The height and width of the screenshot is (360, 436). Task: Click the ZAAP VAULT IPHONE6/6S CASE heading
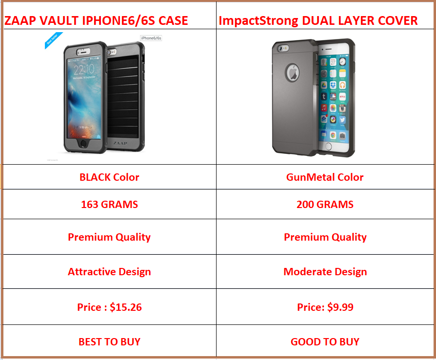pos(96,21)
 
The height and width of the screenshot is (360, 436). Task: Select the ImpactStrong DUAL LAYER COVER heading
pos(318,21)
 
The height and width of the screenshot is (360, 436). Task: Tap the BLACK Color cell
pos(109,177)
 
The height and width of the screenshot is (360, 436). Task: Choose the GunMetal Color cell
pos(325,177)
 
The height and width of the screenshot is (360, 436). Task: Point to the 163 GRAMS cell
pos(109,205)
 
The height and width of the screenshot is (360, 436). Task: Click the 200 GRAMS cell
pos(325,205)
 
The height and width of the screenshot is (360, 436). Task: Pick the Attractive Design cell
pos(109,272)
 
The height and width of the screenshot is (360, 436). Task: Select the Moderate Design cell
pos(325,272)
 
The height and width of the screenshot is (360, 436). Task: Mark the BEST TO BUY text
pos(109,342)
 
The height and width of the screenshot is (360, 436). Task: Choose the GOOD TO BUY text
pos(325,342)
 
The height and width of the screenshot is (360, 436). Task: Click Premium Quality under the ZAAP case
pos(109,237)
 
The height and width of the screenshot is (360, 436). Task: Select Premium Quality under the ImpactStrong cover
pos(325,237)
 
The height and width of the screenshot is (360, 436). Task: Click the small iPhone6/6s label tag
pos(151,38)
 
